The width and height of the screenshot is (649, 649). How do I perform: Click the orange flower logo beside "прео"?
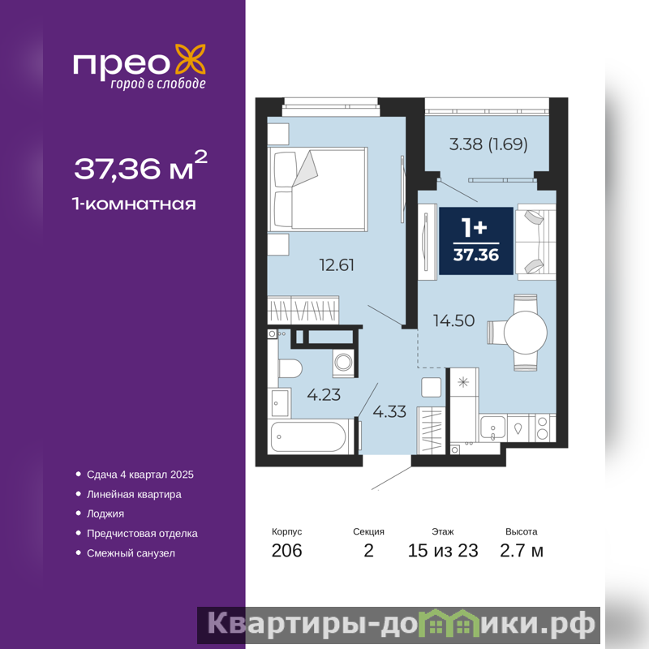191,59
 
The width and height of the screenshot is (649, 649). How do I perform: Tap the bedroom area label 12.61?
337,265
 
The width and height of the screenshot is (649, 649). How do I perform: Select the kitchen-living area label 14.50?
453,320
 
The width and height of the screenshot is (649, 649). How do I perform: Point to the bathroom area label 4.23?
324,394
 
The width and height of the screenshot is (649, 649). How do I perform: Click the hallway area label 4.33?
389,411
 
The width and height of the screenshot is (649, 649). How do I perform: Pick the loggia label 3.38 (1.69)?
488,144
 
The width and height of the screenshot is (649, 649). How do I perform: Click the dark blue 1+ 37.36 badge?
476,240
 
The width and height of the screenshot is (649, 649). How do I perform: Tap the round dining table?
525,332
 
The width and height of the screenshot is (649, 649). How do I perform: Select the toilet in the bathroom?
290,368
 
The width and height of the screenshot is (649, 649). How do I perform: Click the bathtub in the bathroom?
309,436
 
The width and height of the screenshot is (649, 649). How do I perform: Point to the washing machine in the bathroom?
344,363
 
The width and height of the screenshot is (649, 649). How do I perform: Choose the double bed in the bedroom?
318,189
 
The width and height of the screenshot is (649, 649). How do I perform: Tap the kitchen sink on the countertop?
492,428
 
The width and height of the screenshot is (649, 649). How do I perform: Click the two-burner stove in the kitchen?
542,428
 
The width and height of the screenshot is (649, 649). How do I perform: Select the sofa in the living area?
535,242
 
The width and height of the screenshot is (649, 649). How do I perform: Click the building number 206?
287,551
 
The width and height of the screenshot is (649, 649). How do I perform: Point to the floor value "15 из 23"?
443,551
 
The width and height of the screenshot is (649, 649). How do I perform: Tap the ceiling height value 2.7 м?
522,551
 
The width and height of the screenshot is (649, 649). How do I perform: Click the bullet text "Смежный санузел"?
131,553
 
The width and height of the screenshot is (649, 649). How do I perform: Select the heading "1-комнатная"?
134,204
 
